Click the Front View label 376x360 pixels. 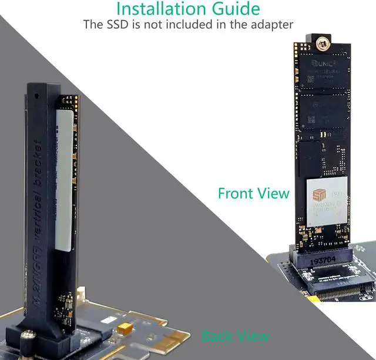(253, 193)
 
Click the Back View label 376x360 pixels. (235, 336)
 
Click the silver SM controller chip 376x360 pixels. (327, 203)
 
